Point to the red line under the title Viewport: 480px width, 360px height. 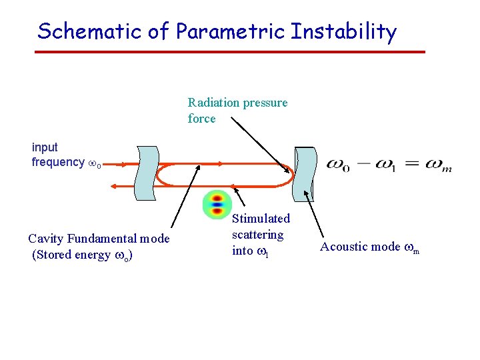(x=230, y=51)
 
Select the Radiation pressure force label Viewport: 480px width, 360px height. (x=237, y=111)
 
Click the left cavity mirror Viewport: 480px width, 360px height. (x=146, y=173)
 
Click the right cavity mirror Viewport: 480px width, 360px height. (x=305, y=173)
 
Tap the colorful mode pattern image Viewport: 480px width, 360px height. (x=215, y=205)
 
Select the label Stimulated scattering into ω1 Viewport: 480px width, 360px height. (x=261, y=235)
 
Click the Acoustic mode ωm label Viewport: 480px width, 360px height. (x=369, y=247)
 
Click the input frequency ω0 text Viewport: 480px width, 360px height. (x=65, y=155)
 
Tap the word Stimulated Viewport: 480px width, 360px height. (x=261, y=219)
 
